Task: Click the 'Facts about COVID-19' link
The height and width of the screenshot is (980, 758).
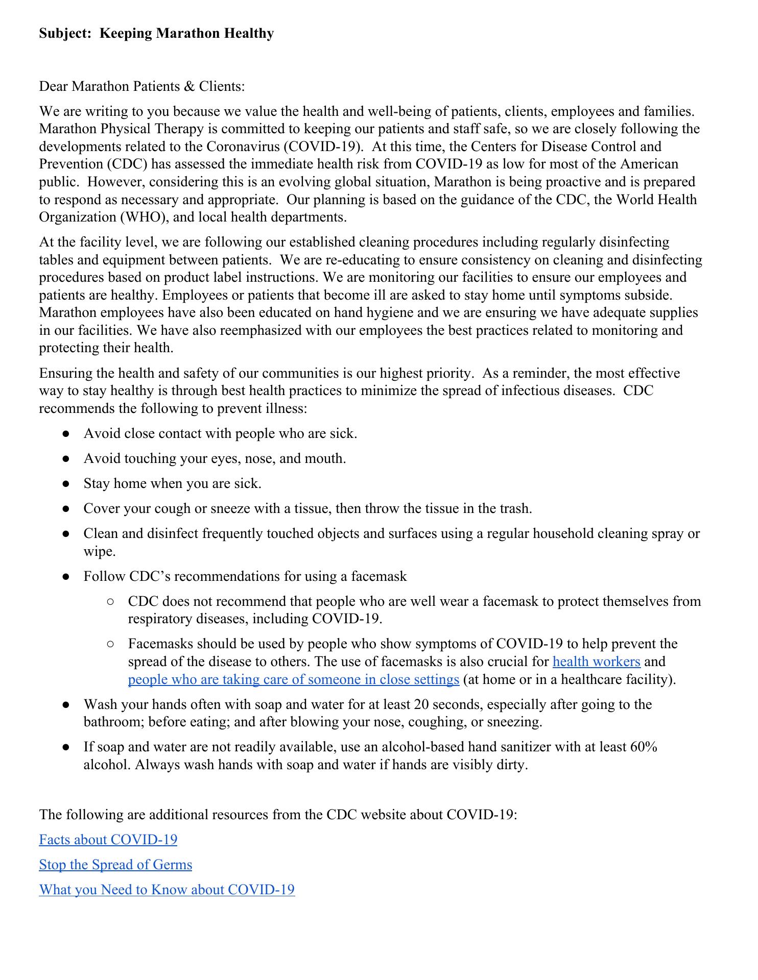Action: coord(108,840)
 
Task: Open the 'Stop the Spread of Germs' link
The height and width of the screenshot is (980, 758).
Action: coord(115,865)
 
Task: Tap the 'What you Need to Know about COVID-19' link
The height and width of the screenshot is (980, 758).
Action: coord(167,890)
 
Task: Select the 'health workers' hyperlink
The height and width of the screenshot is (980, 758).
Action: coord(596,661)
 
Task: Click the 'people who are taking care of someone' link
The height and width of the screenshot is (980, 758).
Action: coord(293,679)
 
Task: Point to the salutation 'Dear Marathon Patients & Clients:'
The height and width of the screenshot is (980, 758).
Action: coord(142,86)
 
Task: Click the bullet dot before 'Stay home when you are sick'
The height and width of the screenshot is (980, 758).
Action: coord(65,484)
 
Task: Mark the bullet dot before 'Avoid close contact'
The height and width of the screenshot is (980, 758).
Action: coord(65,434)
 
